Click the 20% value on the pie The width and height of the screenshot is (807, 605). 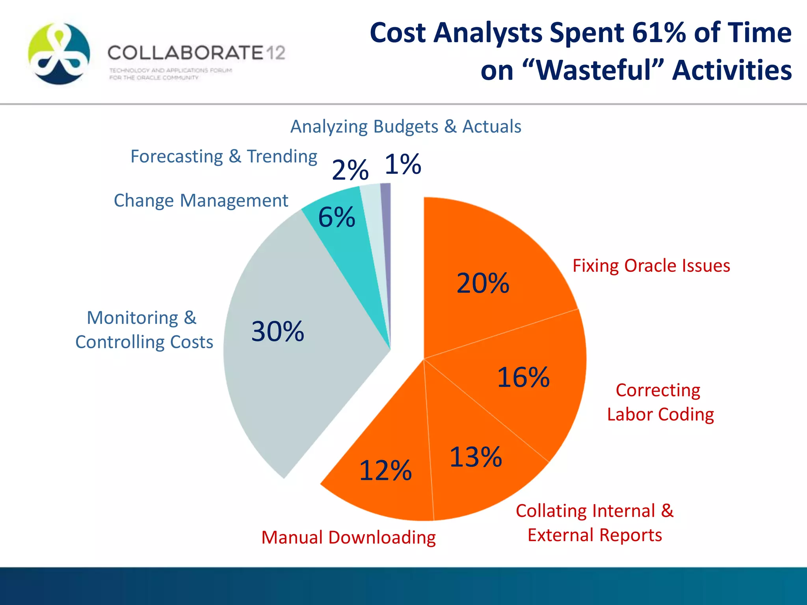click(x=483, y=283)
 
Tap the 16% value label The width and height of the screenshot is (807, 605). click(x=523, y=377)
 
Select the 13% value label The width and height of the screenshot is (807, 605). click(x=476, y=457)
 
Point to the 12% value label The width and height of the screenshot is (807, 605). click(x=385, y=470)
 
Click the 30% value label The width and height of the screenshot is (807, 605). click(x=278, y=331)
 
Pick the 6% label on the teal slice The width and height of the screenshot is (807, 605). click(x=337, y=217)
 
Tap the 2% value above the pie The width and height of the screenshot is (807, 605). click(x=350, y=170)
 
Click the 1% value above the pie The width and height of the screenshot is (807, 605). click(x=403, y=164)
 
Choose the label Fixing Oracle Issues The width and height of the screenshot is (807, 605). click(x=651, y=266)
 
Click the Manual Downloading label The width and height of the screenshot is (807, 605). click(x=348, y=538)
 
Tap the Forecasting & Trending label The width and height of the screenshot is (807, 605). click(x=223, y=157)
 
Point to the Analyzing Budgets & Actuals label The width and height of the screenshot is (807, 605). click(x=405, y=127)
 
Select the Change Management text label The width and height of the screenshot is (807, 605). click(x=201, y=200)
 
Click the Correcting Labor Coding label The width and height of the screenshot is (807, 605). click(x=660, y=402)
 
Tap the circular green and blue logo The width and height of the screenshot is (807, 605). click(x=59, y=54)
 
